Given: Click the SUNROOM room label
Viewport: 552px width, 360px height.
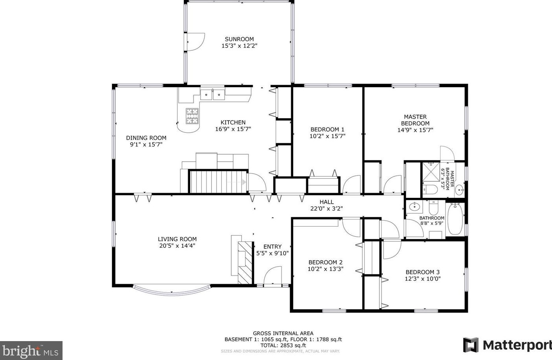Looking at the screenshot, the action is [239, 39].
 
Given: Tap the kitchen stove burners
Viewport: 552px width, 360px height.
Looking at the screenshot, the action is [192, 116].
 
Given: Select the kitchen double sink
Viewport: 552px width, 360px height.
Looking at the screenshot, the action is [212, 94].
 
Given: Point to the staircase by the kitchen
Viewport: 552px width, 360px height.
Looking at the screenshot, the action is [218, 182].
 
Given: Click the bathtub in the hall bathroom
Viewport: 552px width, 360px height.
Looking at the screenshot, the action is [455, 219].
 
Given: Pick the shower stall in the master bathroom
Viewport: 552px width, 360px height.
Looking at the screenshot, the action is [431, 172].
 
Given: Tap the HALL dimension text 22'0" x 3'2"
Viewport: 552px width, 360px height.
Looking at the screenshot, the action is [327, 209].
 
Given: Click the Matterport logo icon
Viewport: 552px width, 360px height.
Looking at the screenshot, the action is [471, 345].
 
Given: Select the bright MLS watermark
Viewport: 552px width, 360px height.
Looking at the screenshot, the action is [31, 351].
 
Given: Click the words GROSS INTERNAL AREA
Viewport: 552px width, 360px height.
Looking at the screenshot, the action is [283, 333].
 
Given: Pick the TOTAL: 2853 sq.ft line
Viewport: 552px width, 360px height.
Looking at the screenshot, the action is [283, 345].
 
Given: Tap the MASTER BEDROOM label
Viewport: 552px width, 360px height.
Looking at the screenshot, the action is [415, 120].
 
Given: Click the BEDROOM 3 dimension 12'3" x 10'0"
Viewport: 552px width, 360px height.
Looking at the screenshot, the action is [422, 279].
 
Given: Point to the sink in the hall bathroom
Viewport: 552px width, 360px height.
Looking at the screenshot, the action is [414, 207].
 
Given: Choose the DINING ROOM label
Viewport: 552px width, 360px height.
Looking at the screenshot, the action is [146, 138].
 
